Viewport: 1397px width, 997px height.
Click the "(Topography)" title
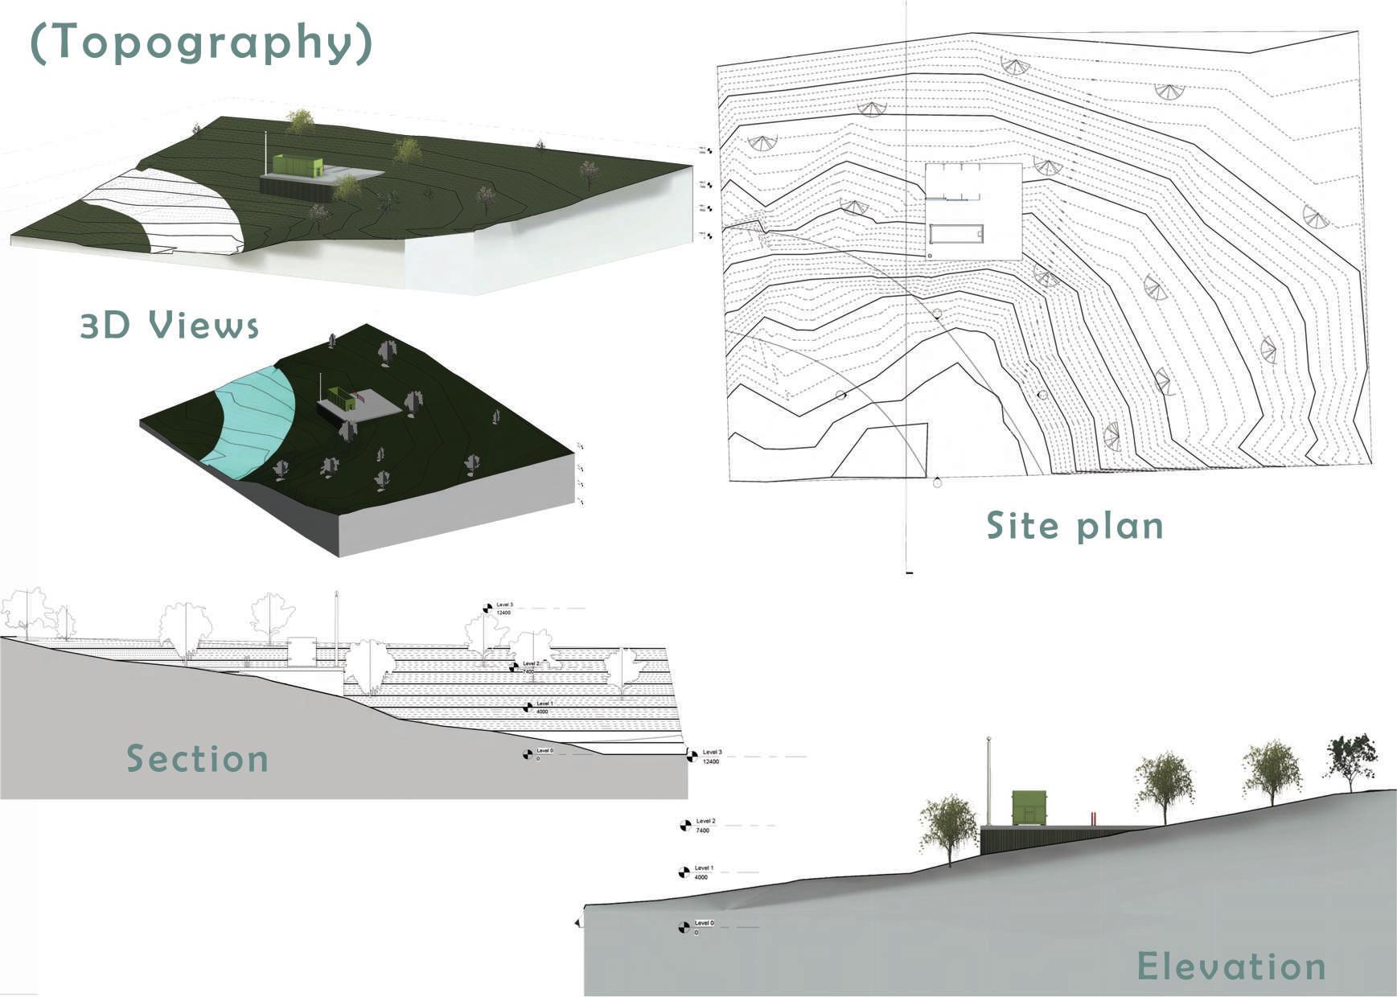(201, 43)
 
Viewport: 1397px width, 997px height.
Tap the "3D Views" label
(170, 325)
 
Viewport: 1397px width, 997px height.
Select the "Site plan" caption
(1075, 525)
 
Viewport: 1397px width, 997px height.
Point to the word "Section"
(197, 758)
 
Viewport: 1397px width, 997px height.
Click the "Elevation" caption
(1231, 966)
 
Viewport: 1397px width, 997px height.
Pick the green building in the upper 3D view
(297, 165)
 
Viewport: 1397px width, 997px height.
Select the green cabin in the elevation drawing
(1029, 807)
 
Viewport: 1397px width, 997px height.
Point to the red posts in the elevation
(1094, 819)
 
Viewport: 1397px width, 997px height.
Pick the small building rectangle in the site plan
(958, 234)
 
